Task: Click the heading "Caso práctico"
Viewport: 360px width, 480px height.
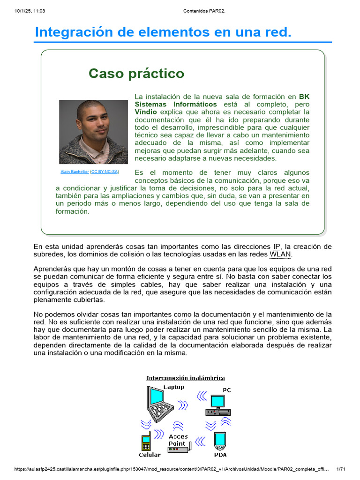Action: (x=136, y=74)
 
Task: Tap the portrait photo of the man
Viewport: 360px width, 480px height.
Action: (x=93, y=132)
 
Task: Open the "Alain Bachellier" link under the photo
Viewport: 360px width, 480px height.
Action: (x=75, y=172)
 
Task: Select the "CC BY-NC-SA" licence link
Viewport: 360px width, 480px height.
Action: (x=105, y=172)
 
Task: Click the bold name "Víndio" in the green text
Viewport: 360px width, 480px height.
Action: (x=146, y=112)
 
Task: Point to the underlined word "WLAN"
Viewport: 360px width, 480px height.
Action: (x=280, y=255)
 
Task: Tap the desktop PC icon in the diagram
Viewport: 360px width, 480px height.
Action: (x=218, y=406)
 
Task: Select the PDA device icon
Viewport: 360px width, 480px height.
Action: (x=220, y=440)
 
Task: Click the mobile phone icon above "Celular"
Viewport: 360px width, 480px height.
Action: (x=146, y=443)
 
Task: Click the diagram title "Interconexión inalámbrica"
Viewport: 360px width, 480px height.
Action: (x=186, y=378)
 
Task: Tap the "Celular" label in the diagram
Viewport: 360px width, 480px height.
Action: (x=150, y=455)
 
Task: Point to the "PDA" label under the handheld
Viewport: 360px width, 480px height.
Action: (x=220, y=454)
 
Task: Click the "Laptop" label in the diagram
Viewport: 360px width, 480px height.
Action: (x=173, y=387)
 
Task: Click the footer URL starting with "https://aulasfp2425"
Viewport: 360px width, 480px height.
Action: (x=169, y=469)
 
